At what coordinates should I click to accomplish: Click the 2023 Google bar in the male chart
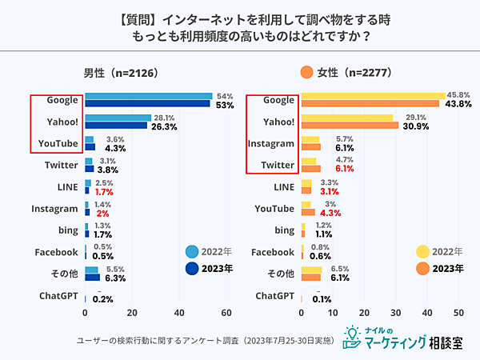[147, 103]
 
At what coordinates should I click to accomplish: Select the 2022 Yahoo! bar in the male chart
[118, 118]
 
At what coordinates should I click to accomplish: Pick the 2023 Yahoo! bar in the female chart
[349, 125]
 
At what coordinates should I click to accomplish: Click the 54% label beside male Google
[225, 95]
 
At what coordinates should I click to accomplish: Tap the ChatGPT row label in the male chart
[58, 296]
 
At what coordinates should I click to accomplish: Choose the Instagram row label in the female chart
[273, 143]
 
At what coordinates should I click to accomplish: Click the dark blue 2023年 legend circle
[192, 269]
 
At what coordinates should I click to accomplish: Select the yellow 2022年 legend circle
[423, 252]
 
